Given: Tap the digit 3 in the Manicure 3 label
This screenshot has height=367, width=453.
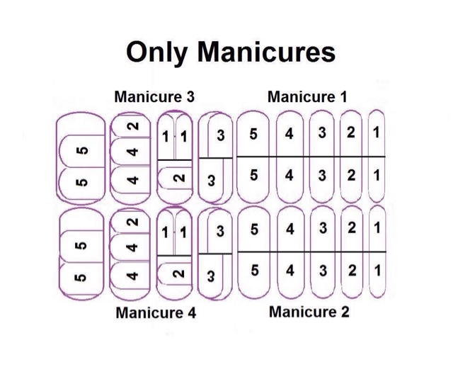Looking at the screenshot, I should tap(189, 97).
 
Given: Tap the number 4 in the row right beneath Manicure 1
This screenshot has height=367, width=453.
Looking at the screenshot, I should tap(289, 133).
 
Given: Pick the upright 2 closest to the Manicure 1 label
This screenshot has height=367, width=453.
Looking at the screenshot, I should tap(350, 133).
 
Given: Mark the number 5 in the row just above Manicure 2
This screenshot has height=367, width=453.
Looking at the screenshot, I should tap(254, 270).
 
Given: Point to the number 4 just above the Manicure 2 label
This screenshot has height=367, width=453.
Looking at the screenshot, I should tap(290, 270).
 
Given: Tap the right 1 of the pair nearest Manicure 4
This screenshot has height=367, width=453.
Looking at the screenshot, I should tap(183, 232).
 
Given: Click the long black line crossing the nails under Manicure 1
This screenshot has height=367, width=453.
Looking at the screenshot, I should tap(311, 156).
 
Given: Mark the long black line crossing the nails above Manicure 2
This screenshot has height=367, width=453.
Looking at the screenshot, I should tap(311, 252).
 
